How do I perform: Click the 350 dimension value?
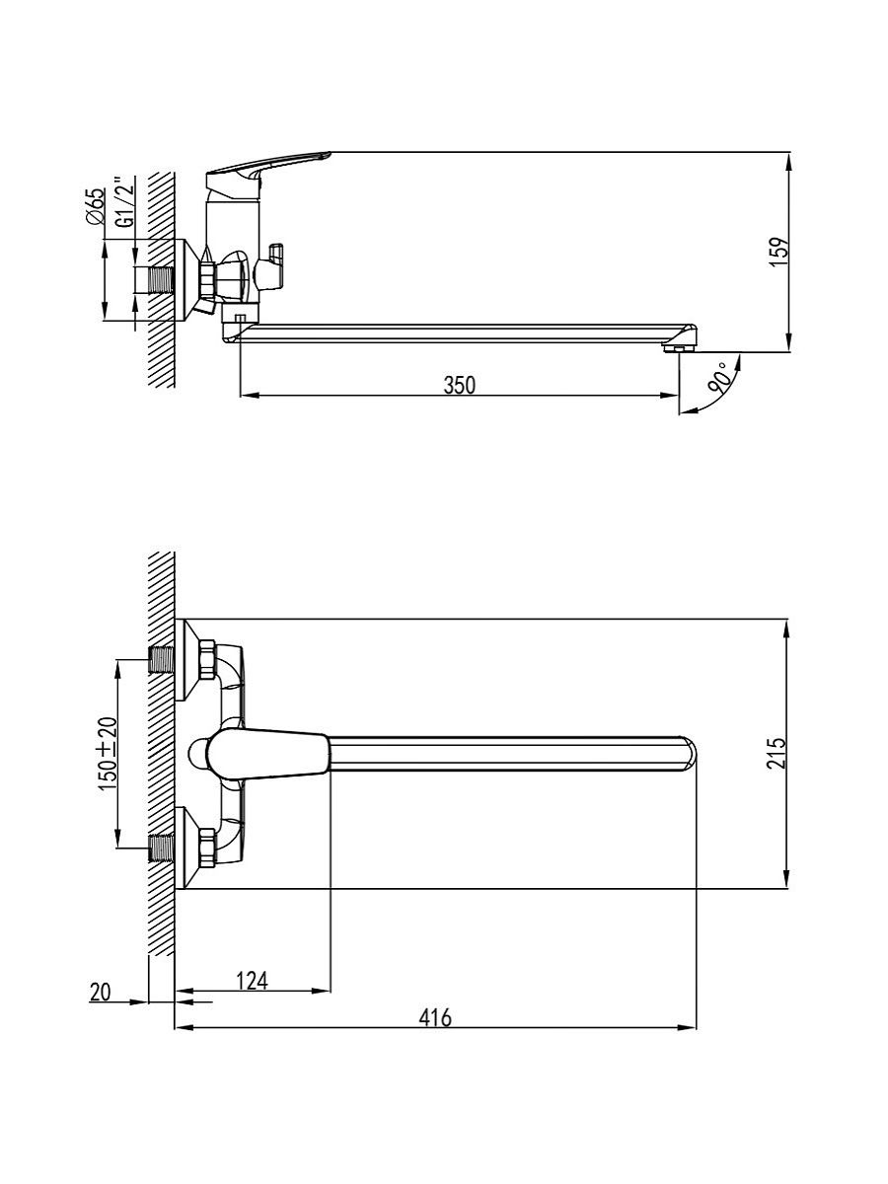pyautogui.click(x=460, y=385)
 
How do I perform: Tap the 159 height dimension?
pyautogui.click(x=780, y=253)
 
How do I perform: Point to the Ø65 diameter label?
pyautogui.click(x=95, y=205)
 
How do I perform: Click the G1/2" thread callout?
pyautogui.click(x=125, y=200)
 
